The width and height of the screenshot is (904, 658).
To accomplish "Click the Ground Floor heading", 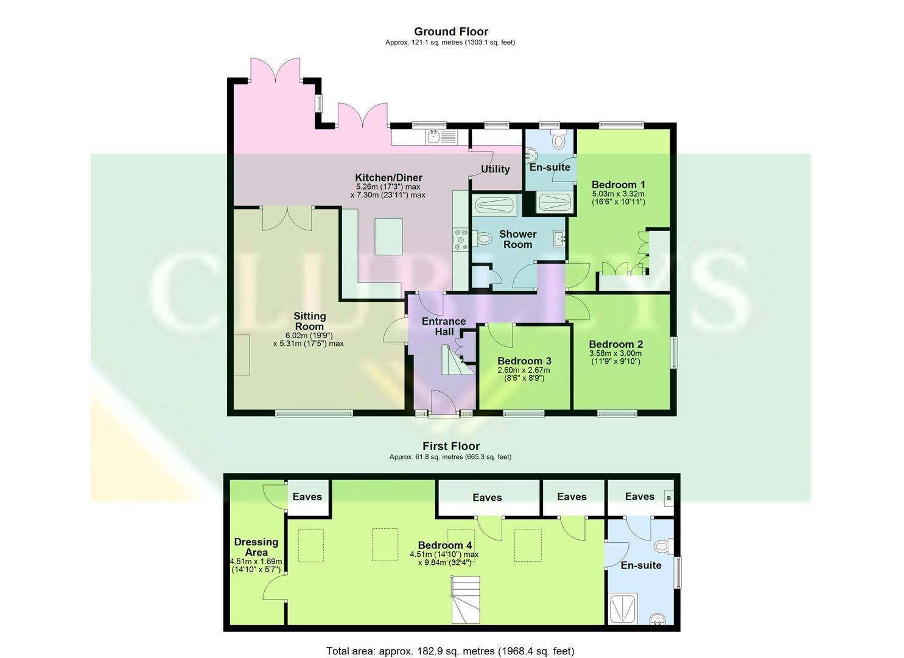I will [450, 32].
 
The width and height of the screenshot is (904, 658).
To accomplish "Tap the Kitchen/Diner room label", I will [388, 178].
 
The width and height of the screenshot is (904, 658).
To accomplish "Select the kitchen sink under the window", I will [433, 136].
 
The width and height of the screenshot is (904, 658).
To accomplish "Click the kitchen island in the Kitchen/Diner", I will [388, 236].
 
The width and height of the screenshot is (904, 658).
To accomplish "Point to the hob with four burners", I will [460, 239].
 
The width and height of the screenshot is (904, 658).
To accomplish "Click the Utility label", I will [495, 169].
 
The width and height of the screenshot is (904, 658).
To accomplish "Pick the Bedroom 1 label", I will [618, 185].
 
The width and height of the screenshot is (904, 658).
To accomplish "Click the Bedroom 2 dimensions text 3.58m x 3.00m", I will [615, 353].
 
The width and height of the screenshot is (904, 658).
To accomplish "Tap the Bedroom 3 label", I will [524, 361].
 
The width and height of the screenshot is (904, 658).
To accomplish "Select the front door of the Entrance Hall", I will [443, 405].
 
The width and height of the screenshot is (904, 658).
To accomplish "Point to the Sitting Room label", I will [310, 321].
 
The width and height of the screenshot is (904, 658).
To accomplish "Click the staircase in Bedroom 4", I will [465, 601].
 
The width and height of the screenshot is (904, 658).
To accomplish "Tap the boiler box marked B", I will [668, 498].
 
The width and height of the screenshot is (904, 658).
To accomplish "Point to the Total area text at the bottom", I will [450, 651].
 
